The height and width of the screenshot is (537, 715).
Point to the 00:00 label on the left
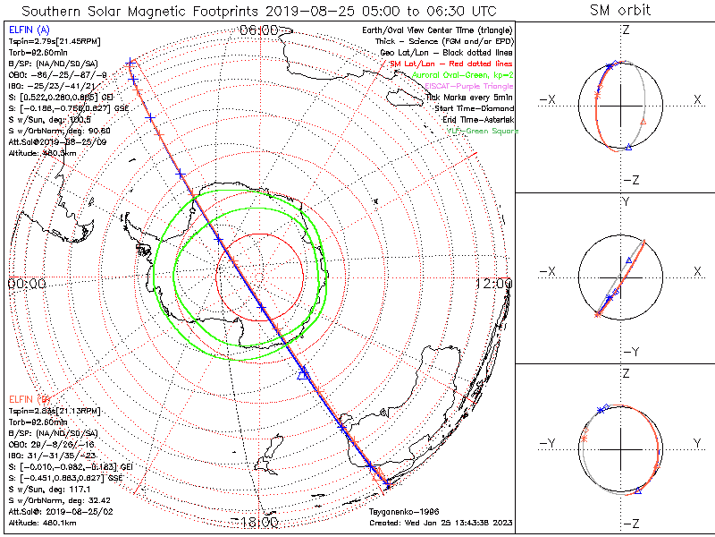(x=27, y=283)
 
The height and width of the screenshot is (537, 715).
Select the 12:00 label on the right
(x=494, y=283)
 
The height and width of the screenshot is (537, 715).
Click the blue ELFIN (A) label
(x=28, y=30)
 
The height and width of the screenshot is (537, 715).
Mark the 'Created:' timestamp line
(x=440, y=523)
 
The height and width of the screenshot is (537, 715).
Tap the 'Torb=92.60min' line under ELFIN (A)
(x=34, y=54)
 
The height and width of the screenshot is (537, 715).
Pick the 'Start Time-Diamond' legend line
(x=475, y=108)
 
